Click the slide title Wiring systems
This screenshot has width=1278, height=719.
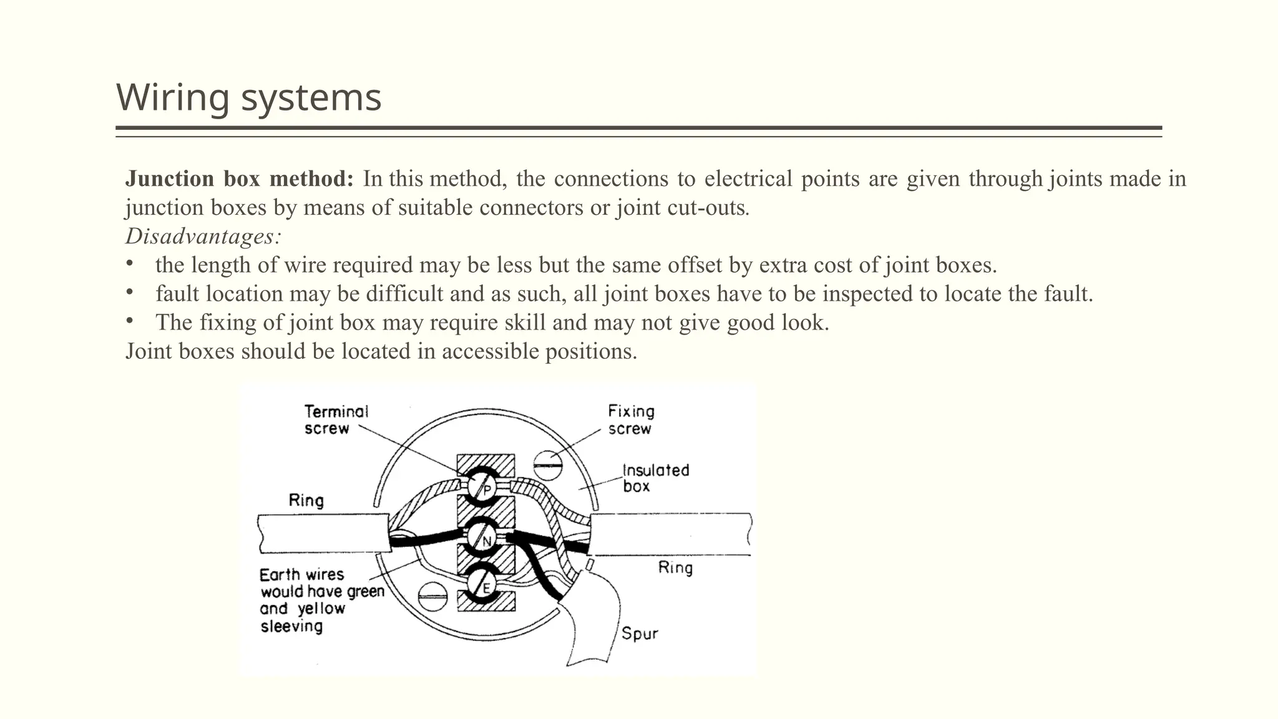pos(248,98)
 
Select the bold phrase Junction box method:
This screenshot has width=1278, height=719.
pos(240,179)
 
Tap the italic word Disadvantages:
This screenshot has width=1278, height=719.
pos(203,237)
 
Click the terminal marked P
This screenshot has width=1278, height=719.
pos(485,486)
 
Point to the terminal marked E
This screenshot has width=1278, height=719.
pos(485,585)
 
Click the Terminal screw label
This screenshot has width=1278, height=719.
pos(336,420)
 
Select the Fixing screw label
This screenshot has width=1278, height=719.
pos(631,420)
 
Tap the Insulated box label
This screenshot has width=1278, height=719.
pos(655,478)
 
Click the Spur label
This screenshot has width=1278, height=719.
pos(640,634)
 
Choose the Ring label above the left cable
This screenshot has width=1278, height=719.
pos(306,501)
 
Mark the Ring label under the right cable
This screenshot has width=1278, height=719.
pos(675,568)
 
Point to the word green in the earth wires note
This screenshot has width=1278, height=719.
pos(366,592)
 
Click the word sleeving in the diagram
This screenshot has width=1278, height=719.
pos(291,626)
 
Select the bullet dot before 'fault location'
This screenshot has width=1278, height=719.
pos(130,292)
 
